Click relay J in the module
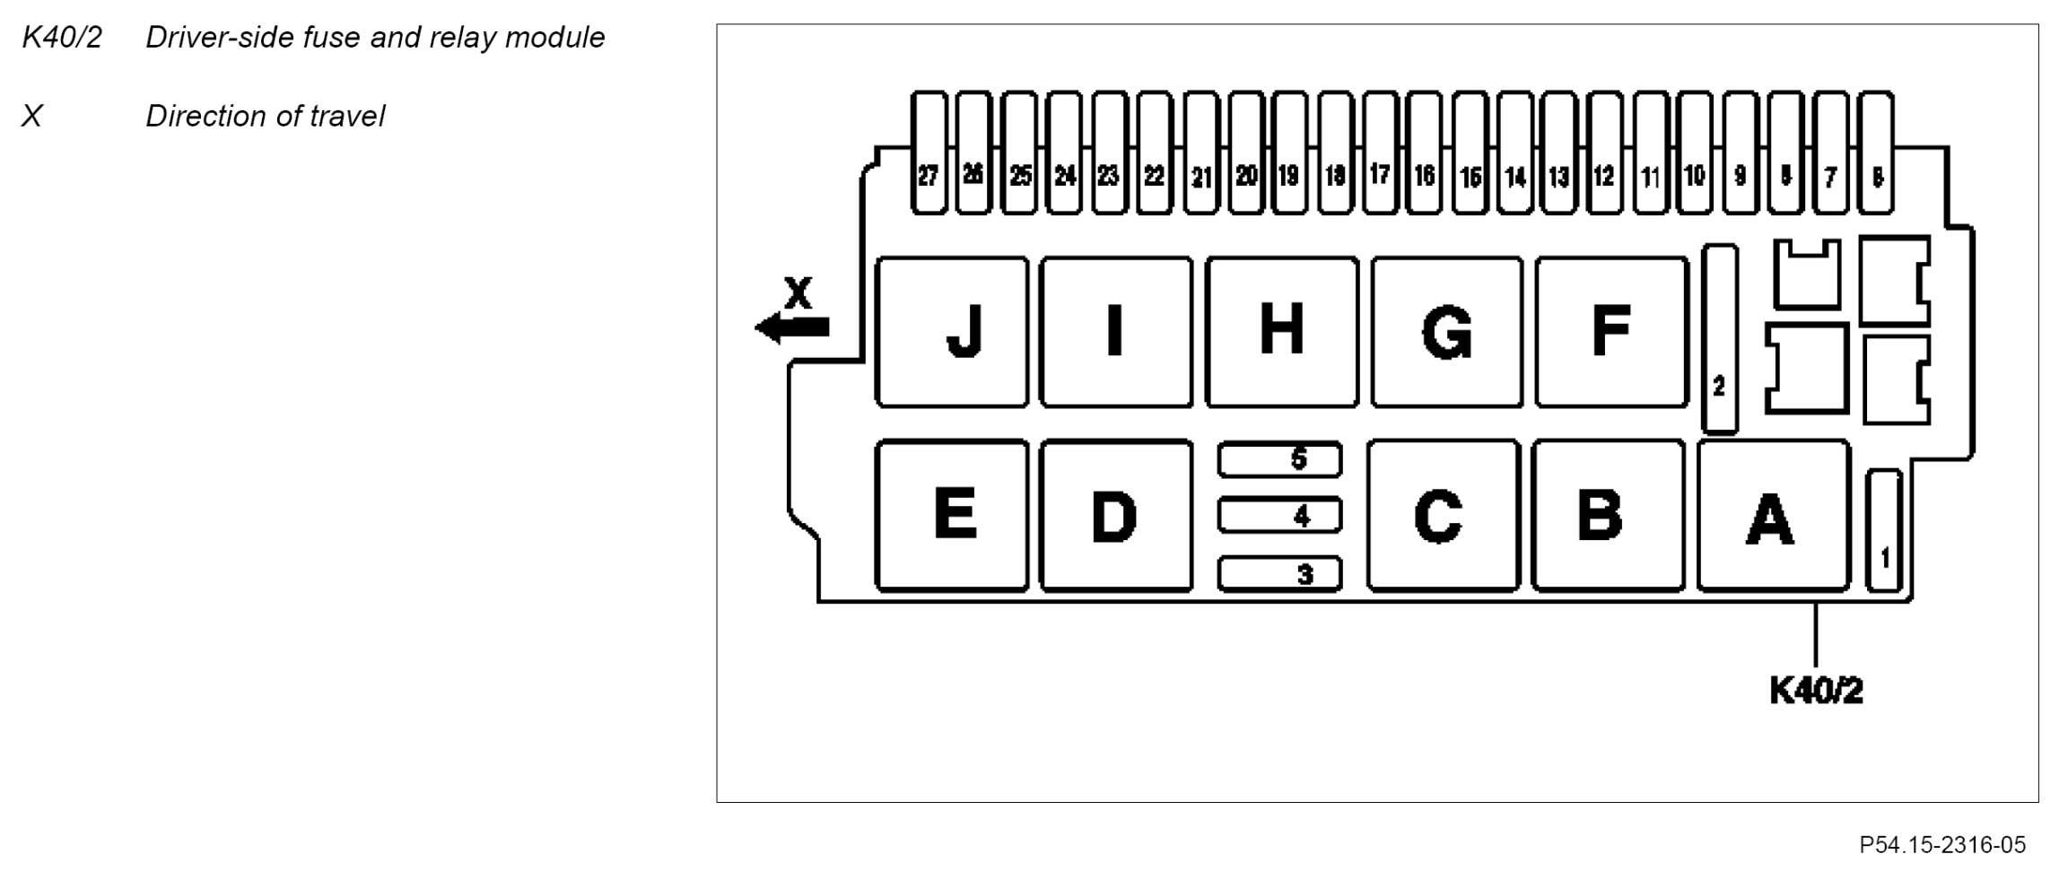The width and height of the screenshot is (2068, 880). pyautogui.click(x=952, y=332)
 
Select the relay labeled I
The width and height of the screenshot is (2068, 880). pyautogui.click(x=1116, y=332)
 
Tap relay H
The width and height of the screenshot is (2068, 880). pyautogui.click(x=1281, y=332)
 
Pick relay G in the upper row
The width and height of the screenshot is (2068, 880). pyautogui.click(x=1446, y=332)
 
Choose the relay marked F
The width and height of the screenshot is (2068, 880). pyautogui.click(x=1611, y=332)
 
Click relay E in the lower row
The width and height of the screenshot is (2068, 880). pyautogui.click(x=952, y=516)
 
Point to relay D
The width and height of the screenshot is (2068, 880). pyautogui.click(x=1116, y=516)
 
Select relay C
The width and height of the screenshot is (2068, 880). pyautogui.click(x=1443, y=516)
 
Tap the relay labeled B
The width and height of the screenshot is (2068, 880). pyautogui.click(x=1608, y=516)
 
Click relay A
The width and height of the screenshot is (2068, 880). pyautogui.click(x=1773, y=516)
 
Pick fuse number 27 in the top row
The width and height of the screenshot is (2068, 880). pyautogui.click(x=929, y=153)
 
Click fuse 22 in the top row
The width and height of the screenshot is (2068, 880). pyautogui.click(x=1155, y=153)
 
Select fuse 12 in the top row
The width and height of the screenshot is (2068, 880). pyautogui.click(x=1604, y=153)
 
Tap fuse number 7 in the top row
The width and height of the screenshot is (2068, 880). pyautogui.click(x=1830, y=153)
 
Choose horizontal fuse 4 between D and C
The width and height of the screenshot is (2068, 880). pyautogui.click(x=1279, y=516)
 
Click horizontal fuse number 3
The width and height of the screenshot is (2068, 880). pyautogui.click(x=1279, y=573)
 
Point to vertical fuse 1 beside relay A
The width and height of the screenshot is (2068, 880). pyautogui.click(x=1883, y=531)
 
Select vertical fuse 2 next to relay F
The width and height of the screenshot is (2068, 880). pyautogui.click(x=1719, y=339)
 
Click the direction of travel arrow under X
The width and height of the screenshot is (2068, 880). pyautogui.click(x=792, y=327)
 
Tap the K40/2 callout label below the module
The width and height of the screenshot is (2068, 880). pyautogui.click(x=1816, y=691)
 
